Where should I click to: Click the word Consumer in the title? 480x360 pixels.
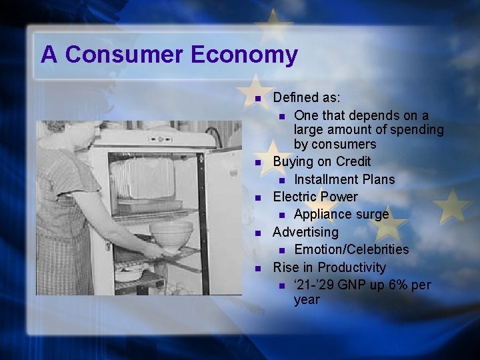[x=125, y=54]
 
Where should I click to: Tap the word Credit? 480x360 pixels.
[x=353, y=161]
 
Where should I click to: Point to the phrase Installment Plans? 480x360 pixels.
[x=344, y=179]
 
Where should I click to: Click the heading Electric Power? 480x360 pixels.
[x=315, y=197]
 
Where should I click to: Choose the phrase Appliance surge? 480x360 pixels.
[x=341, y=214]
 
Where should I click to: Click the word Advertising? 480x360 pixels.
[x=305, y=232]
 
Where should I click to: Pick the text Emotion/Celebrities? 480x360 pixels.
[x=351, y=249]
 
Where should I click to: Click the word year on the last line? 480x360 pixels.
[x=307, y=299]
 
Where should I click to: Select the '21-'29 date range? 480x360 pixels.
[x=315, y=285]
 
